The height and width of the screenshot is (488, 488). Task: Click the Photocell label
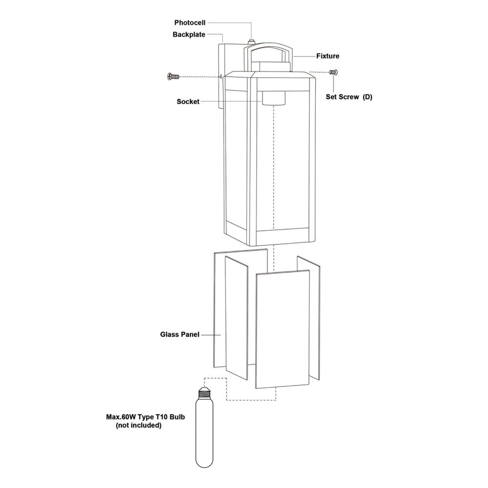(190, 23)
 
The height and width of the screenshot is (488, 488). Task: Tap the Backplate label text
(189, 35)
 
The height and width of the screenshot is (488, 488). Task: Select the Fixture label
(328, 56)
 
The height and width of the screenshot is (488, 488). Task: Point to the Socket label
(188, 102)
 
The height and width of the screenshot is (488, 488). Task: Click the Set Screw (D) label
(349, 97)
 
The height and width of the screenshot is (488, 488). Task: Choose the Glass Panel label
(180, 335)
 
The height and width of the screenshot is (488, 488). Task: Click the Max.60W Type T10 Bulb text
(145, 417)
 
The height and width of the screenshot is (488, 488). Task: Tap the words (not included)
(139, 426)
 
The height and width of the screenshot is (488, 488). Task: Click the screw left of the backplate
(173, 76)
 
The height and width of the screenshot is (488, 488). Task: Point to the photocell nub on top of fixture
(251, 41)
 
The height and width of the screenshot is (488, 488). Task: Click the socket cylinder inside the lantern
(273, 98)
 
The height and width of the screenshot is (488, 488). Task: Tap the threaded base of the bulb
(204, 393)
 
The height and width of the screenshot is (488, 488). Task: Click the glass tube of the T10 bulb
(204, 434)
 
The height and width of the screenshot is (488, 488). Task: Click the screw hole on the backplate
(221, 76)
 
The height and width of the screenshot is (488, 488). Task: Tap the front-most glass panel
(283, 329)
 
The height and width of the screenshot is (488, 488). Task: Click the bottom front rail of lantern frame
(282, 233)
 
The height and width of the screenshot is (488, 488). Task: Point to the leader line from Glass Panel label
(211, 335)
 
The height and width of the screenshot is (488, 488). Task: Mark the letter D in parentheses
(367, 97)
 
